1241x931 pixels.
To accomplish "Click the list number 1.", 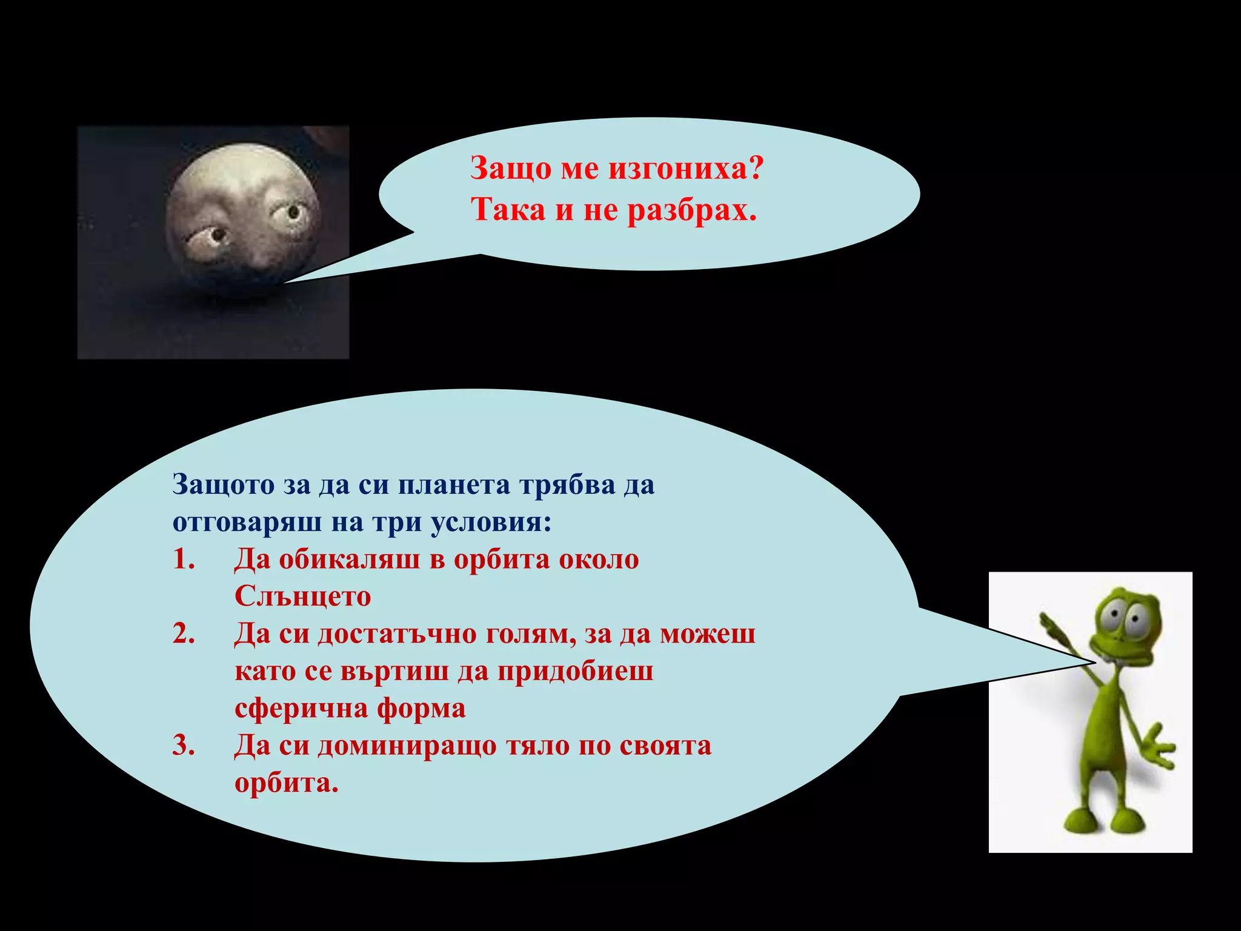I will tap(184, 559).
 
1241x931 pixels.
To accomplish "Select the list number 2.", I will tap(184, 634).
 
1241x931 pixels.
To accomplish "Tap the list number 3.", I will tap(184, 746).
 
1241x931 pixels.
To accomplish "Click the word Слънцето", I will tap(302, 596).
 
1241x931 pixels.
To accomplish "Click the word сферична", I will tap(301, 708).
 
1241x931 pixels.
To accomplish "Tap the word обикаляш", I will tap(349, 559).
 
